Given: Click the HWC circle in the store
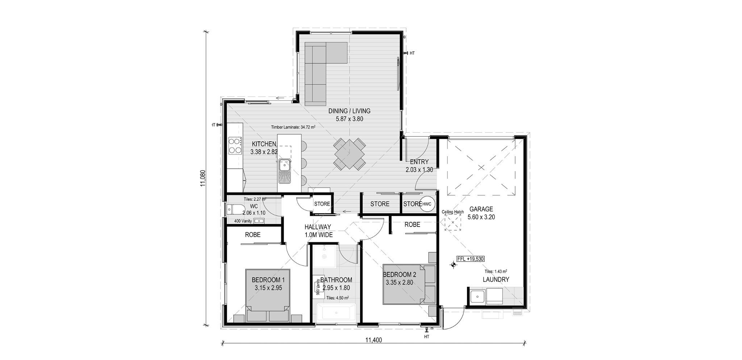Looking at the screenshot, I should click(427, 204).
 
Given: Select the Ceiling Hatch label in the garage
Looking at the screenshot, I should click(453, 212).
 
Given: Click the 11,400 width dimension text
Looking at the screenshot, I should click(374, 340).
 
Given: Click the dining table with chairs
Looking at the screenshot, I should click(349, 154).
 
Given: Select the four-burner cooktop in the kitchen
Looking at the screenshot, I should click(235, 145).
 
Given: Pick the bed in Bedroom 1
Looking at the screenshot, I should click(268, 295).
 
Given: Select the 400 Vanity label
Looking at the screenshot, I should click(243, 221).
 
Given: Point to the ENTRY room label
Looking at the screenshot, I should click(419, 162).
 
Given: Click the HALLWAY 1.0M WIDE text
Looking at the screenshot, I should click(318, 231).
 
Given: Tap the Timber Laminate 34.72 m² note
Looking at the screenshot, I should click(293, 127).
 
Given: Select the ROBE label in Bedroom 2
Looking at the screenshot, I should click(412, 224).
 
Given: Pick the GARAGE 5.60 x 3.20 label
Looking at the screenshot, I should click(481, 213).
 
